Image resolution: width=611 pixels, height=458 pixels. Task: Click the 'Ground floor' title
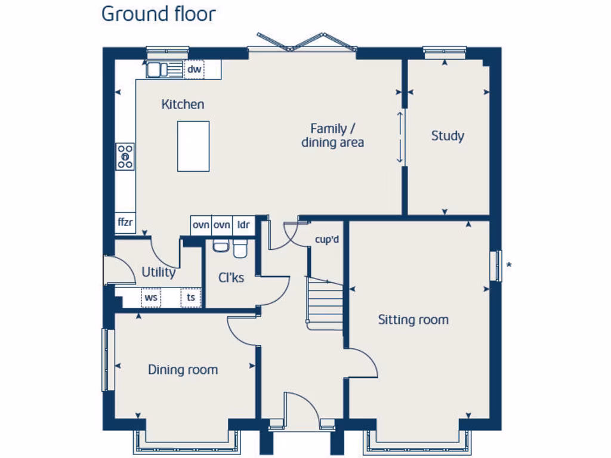[158, 13]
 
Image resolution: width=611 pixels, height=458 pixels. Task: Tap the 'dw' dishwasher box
[194, 70]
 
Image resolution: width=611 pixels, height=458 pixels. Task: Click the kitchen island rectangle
[193, 146]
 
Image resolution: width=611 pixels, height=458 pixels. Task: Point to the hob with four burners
[125, 156]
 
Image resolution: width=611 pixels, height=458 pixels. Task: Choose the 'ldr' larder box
[243, 225]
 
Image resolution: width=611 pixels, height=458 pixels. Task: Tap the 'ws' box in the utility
[150, 297]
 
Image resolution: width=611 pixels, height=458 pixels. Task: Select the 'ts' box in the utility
[191, 297]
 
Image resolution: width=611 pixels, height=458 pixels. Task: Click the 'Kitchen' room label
[183, 104]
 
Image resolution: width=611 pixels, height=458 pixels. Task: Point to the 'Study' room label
[448, 136]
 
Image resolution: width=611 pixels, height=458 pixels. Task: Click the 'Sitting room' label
[413, 320]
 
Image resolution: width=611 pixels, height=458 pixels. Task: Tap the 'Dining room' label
[183, 370]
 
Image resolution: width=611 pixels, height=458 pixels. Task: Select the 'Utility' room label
[158, 273]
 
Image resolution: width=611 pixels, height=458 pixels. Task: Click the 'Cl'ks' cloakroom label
[231, 277]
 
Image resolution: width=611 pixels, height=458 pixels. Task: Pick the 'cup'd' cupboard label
[327, 240]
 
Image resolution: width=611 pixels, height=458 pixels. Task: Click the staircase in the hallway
[325, 304]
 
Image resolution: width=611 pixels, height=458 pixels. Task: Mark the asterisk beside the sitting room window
[508, 265]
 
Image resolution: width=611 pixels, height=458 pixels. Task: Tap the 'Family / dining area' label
[332, 135]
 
